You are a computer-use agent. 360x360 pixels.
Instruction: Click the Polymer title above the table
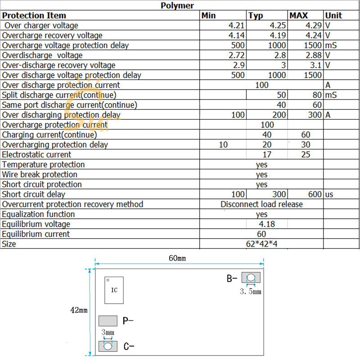pyautogui.click(x=177, y=5)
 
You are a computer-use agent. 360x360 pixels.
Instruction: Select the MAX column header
pyautogui.click(x=299, y=15)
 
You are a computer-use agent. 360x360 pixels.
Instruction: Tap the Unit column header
pyautogui.click(x=333, y=15)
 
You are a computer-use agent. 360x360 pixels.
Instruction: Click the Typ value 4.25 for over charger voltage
pyautogui.click(x=277, y=26)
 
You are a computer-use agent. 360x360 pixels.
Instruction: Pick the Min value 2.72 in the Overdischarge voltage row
pyautogui.click(x=237, y=55)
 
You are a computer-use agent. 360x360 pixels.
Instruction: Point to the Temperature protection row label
pyautogui.click(x=43, y=165)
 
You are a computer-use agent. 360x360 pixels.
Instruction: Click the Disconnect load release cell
pyautogui.click(x=261, y=204)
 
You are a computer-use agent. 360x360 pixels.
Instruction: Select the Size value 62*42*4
pyautogui.click(x=261, y=244)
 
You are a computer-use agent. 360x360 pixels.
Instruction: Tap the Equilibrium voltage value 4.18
pyautogui.click(x=266, y=224)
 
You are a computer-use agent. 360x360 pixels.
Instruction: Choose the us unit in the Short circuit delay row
pyautogui.click(x=329, y=194)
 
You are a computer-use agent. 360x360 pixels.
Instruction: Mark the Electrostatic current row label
pyautogui.click(x=36, y=155)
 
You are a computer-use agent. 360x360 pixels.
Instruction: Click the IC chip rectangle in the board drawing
pyautogui.click(x=114, y=290)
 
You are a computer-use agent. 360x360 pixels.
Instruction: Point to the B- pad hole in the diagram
pyautogui.click(x=251, y=278)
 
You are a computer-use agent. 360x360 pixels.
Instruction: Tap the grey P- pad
pyautogui.click(x=108, y=320)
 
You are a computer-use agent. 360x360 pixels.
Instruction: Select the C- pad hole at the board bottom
pyautogui.click(x=108, y=346)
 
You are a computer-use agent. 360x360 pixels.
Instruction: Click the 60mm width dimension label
pyautogui.click(x=177, y=259)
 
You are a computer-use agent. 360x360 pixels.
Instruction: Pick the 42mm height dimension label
pyautogui.click(x=79, y=310)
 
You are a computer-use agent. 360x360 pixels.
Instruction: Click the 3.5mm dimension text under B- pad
pyautogui.click(x=250, y=292)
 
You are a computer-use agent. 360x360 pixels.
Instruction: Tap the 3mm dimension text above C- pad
pyautogui.click(x=108, y=333)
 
